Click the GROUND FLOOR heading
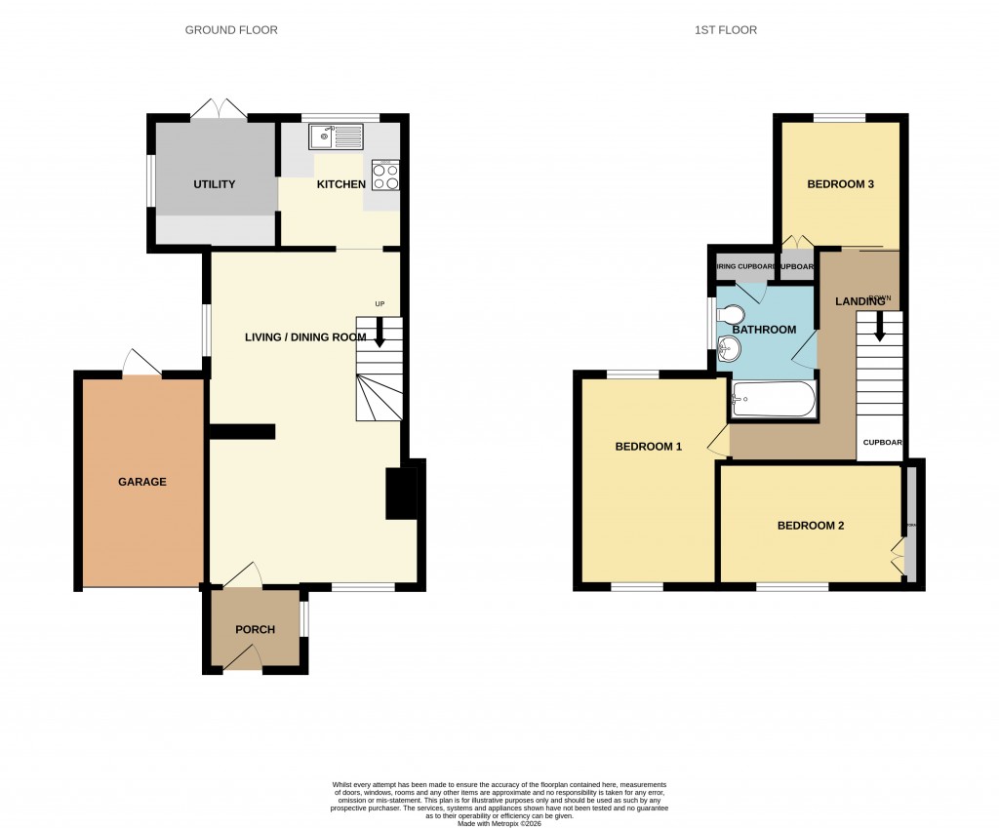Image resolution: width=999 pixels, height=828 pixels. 231,30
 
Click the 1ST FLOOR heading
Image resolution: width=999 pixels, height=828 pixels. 725,30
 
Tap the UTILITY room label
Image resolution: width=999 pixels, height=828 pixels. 214,184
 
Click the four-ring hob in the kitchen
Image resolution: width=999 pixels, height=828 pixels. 385,175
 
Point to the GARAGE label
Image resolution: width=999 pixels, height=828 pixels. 142,482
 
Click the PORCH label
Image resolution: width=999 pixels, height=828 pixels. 256,629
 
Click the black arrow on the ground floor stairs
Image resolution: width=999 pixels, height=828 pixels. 380,334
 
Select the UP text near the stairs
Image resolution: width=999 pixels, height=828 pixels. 380,304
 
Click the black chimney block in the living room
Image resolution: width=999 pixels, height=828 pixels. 400,493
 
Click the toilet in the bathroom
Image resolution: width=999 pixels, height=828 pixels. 730,314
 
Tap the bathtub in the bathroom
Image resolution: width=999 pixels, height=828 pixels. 773,399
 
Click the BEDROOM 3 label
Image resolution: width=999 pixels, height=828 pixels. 840,184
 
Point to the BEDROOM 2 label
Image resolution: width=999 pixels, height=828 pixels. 810,526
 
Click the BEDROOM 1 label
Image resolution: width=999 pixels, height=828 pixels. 648,447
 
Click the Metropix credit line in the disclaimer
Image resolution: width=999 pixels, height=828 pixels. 499,823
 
